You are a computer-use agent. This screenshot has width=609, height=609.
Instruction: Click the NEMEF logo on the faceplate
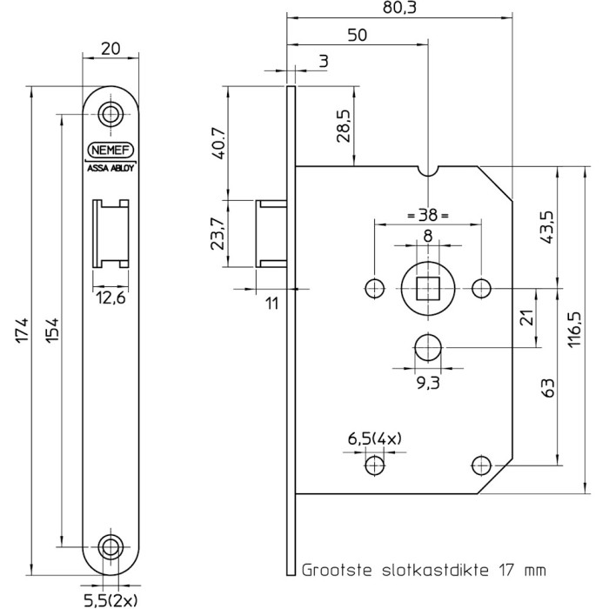click(110, 150)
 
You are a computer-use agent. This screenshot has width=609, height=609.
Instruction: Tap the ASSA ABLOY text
click(110, 168)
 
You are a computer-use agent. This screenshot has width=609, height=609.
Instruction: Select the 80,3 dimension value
click(399, 8)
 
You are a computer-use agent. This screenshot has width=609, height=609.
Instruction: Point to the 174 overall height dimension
click(22, 330)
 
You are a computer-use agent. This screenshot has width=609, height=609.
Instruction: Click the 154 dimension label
click(52, 330)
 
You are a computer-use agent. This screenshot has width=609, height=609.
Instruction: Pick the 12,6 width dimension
click(110, 298)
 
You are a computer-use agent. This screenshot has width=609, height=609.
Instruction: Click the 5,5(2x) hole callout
click(110, 600)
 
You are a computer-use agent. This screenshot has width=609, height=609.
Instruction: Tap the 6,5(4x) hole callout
click(374, 439)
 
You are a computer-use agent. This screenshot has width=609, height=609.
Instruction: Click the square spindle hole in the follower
click(428, 289)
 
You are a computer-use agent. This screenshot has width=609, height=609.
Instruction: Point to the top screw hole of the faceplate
click(110, 114)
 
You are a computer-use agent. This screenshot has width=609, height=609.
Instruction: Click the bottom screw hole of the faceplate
click(110, 547)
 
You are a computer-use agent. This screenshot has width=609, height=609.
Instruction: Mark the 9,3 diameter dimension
click(428, 383)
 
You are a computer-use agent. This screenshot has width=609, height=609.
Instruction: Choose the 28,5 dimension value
click(344, 126)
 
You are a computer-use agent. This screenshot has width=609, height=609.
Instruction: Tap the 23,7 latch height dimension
click(217, 233)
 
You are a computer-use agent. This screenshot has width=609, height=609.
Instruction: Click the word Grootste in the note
click(337, 571)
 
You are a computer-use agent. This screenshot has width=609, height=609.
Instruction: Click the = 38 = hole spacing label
click(428, 214)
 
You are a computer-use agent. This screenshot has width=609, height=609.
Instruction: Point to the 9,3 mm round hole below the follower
click(428, 347)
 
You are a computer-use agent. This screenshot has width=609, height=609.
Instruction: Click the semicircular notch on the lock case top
click(428, 171)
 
